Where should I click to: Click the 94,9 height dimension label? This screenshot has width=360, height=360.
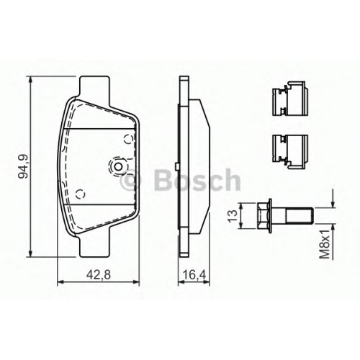click(x=24, y=166)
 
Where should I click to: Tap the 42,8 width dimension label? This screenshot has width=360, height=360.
click(x=99, y=274)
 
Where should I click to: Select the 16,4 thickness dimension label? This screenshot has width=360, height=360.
click(x=194, y=274)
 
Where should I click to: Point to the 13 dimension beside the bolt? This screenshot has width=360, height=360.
click(x=233, y=216)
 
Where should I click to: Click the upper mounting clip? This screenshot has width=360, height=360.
click(x=289, y=98)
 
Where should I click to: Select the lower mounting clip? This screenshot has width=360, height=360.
click(x=289, y=151)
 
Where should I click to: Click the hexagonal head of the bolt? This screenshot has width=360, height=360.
click(x=264, y=215)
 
